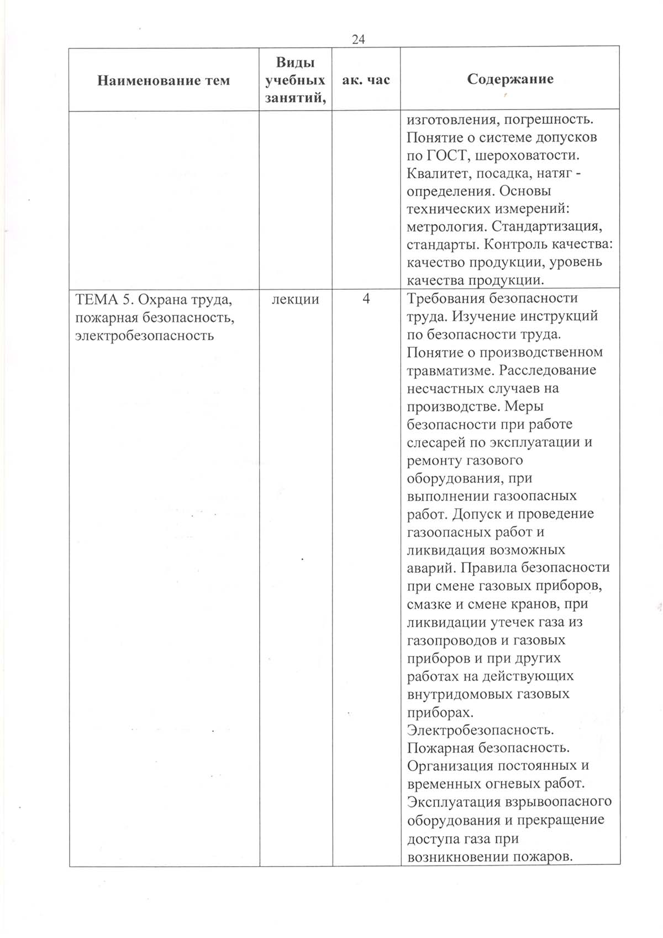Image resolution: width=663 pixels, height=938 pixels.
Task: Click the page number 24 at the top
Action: (x=358, y=39)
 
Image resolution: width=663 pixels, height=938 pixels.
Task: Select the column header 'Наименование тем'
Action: (x=164, y=81)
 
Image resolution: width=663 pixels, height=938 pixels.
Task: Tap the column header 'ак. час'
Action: (x=366, y=80)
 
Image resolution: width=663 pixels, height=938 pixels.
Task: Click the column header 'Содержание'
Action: (x=510, y=79)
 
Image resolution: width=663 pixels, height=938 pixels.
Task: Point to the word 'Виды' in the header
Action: (x=295, y=62)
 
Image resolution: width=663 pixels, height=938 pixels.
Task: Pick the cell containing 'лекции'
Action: (x=296, y=299)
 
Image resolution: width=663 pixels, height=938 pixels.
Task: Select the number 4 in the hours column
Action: (x=366, y=299)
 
